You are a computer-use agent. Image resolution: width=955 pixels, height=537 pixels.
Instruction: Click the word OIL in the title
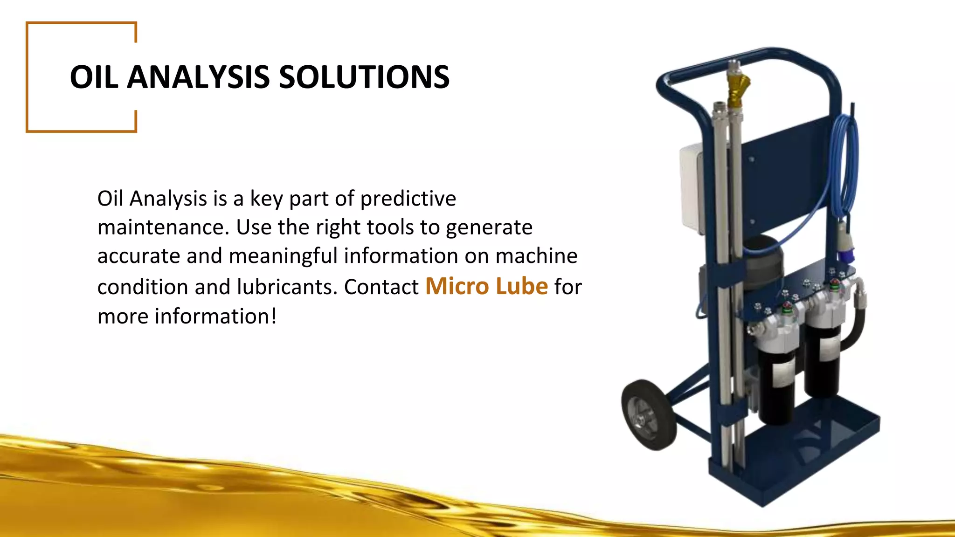tap(93, 77)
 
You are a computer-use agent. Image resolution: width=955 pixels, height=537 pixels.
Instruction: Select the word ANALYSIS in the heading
tap(198, 77)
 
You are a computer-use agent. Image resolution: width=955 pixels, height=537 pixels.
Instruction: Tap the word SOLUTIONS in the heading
tap(364, 77)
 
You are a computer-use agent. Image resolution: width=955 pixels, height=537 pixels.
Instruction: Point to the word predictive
tap(408, 199)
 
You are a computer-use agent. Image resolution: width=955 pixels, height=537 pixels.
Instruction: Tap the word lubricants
tap(287, 287)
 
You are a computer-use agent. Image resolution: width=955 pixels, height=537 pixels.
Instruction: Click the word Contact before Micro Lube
tap(381, 287)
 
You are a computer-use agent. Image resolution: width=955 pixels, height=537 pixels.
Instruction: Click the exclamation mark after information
tap(274, 316)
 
